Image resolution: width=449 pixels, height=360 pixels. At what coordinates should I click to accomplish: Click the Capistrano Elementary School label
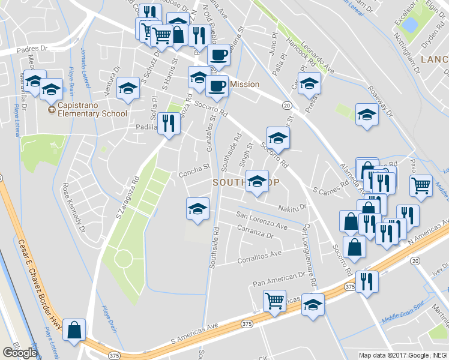[x=92, y=113]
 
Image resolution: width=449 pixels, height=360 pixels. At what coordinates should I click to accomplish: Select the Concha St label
[x=193, y=173]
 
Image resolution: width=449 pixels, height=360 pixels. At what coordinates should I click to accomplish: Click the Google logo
[x=20, y=353]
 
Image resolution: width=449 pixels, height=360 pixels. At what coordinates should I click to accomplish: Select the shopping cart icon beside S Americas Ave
[x=275, y=301]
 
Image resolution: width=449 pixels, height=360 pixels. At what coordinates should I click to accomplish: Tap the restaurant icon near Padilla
[x=169, y=124]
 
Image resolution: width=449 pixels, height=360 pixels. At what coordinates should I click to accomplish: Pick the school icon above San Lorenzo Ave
[x=197, y=208]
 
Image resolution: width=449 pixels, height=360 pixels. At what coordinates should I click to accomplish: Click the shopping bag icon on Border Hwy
[x=74, y=329]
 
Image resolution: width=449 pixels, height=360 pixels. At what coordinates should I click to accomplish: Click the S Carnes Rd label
[x=331, y=190]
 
